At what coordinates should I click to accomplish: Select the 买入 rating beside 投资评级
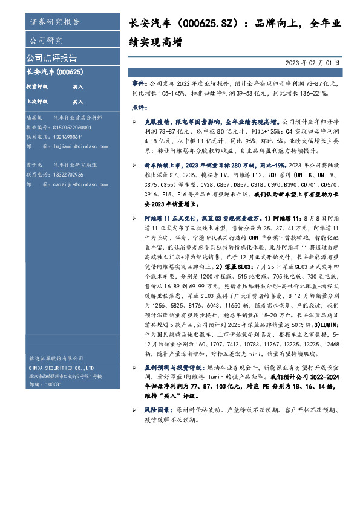coord(78,86)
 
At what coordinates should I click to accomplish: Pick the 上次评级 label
coord(36,102)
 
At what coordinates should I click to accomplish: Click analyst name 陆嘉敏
coord(34,118)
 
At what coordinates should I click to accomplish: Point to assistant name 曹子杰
coord(34,164)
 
